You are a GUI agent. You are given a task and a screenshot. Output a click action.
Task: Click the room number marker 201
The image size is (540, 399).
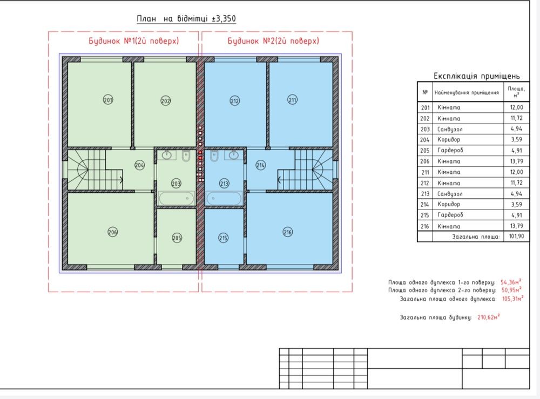coord(108,100)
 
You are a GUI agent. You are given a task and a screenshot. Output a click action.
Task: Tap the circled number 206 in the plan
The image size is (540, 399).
coord(113,232)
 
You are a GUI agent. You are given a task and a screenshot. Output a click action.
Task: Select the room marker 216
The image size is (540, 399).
coord(288,232)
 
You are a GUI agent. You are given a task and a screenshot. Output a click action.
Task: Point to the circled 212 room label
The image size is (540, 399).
coord(234,101)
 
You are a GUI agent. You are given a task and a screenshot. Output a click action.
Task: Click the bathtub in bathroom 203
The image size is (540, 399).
coord(177,198)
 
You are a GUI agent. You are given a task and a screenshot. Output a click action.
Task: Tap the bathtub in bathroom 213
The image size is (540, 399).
coord(224,198)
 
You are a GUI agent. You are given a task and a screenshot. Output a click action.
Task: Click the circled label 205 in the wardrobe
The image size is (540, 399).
coord(177,238)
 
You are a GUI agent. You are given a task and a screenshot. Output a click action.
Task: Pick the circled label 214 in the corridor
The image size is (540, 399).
coord(261,165)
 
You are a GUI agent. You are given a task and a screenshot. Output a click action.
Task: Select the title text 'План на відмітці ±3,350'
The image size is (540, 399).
coord(186,18)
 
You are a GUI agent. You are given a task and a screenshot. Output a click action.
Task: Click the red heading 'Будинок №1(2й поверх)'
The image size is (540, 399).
coord(134,41)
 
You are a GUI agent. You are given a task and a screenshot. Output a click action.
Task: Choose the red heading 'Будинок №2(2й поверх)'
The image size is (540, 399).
coord(273,41)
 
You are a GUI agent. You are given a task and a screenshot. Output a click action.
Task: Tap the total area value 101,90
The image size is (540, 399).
coord(517,236)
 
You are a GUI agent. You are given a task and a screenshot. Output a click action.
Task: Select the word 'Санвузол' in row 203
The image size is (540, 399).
coord(450,129)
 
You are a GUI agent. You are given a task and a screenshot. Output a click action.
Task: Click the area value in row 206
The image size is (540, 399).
coord(517,161)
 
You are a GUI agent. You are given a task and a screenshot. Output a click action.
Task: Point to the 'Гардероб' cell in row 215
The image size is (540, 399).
coord(450,215)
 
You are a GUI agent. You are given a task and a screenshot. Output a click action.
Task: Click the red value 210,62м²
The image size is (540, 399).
coord(488,317)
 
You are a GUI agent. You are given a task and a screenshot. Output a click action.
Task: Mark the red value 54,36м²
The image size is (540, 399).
coord(511,282)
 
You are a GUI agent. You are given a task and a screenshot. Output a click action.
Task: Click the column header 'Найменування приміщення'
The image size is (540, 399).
coord(467,92)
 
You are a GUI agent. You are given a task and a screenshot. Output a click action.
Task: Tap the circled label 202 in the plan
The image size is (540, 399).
coord(166,101)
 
